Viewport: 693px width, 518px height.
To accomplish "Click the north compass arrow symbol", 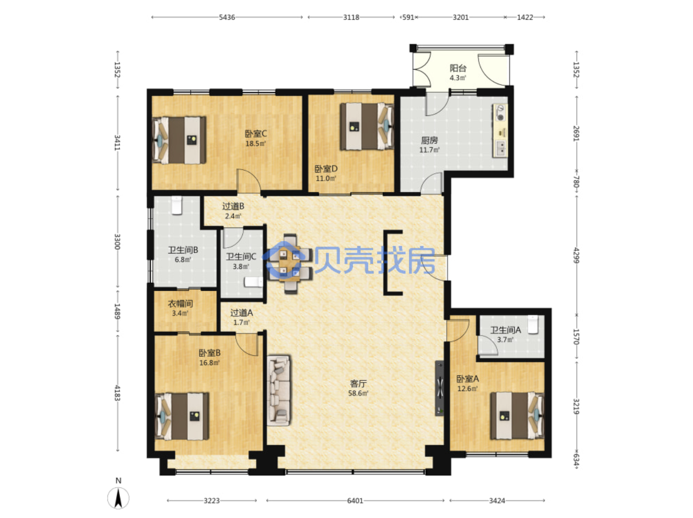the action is pyautogui.click(x=118, y=498).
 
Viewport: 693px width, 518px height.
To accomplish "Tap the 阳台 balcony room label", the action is pyautogui.click(x=458, y=68).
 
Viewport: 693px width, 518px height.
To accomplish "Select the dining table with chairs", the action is pyautogui.click(x=290, y=264).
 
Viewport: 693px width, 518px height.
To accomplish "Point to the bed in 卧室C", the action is pyautogui.click(x=179, y=140).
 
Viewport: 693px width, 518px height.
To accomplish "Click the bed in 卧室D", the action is pyautogui.click(x=367, y=126).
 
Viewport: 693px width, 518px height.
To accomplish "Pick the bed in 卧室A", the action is pyautogui.click(x=517, y=415).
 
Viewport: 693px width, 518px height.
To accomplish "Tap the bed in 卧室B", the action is pyautogui.click(x=181, y=416).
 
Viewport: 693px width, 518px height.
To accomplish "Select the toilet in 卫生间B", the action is pyautogui.click(x=177, y=205).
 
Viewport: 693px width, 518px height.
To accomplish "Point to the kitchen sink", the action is pyautogui.click(x=500, y=148).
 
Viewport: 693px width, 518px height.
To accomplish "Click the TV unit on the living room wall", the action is pyautogui.click(x=439, y=388).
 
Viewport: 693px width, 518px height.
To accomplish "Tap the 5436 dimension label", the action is pyautogui.click(x=227, y=17).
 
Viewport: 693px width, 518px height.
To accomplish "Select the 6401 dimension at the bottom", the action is pyautogui.click(x=355, y=500).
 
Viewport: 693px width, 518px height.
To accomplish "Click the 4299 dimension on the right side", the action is pyautogui.click(x=576, y=255).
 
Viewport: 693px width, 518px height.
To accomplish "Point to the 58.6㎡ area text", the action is pyautogui.click(x=358, y=393).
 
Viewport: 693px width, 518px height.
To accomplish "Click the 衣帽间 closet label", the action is pyautogui.click(x=180, y=304).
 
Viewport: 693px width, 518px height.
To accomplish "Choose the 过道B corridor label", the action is pyautogui.click(x=233, y=206).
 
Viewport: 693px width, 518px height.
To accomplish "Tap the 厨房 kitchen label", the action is pyautogui.click(x=429, y=140).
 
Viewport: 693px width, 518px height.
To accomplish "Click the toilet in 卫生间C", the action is pyautogui.click(x=253, y=282).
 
